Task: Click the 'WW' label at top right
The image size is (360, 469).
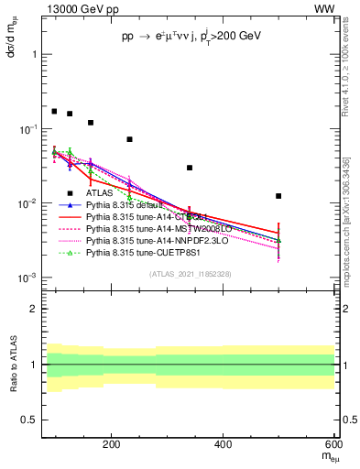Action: (325, 8)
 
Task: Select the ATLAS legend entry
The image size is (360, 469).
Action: (99, 192)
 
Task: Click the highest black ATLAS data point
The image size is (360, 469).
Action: (54, 111)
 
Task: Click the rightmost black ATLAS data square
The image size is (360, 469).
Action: (278, 196)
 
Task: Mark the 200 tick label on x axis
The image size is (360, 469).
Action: (111, 445)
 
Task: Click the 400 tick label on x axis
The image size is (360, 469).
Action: (224, 445)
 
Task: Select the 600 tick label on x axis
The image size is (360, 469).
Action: (333, 445)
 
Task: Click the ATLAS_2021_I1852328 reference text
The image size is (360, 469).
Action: (190, 274)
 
